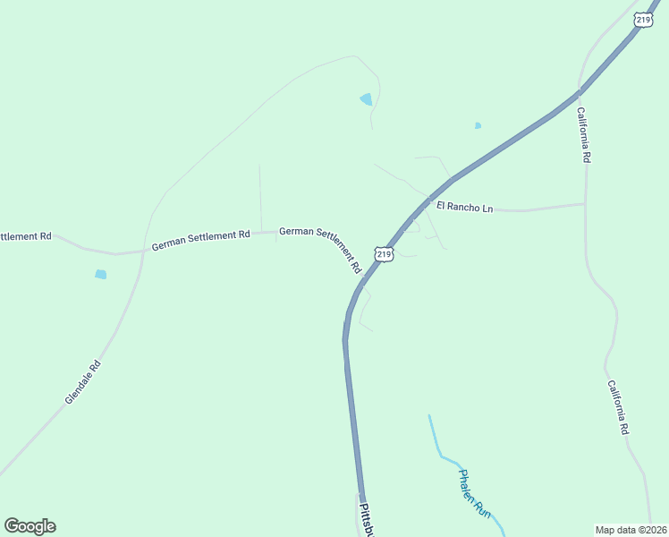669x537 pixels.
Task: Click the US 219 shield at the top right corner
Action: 643,19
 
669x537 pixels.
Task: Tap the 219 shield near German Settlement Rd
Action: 383,254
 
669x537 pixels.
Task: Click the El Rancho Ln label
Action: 464,208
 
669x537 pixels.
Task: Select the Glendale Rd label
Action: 82,381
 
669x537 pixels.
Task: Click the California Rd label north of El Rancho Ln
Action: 584,134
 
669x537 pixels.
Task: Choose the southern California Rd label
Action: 618,407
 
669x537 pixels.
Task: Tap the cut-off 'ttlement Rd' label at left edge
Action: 26,236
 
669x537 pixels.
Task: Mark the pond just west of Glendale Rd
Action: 101,274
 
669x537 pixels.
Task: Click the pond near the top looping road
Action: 366,99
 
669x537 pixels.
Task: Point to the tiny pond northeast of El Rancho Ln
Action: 478,125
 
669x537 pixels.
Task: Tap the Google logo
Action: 30,526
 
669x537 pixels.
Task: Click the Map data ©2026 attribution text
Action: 631,529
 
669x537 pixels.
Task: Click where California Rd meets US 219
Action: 580,91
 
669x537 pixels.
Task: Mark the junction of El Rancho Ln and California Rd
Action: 585,204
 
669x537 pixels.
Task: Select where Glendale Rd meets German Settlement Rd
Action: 142,251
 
